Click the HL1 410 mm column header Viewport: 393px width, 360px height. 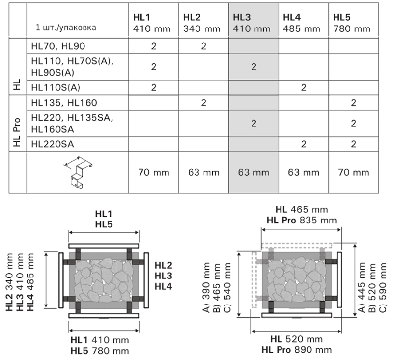coord(152,23)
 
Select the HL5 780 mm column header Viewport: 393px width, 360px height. coord(352,23)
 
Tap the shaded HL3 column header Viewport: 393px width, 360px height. coord(252,23)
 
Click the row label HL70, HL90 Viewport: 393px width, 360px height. coord(58,46)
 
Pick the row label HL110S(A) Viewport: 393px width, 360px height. coord(56,88)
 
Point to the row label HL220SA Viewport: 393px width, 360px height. coord(53,144)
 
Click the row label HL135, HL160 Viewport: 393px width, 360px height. coord(64,103)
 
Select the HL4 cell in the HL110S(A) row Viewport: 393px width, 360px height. coord(304,88)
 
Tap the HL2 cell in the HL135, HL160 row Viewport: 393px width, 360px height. coord(203,103)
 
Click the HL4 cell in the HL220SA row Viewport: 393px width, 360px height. coord(304,144)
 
